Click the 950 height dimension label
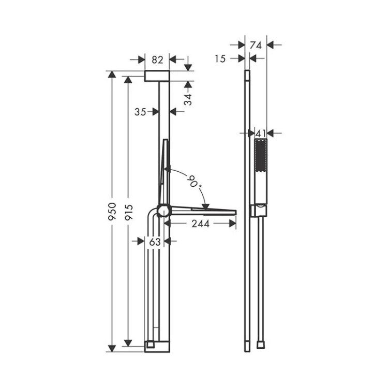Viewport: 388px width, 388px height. (112, 212)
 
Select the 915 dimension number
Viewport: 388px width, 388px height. (129, 212)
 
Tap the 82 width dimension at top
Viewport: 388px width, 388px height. (157, 60)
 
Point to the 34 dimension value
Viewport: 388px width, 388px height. (188, 99)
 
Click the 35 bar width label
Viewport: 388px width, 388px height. (140, 112)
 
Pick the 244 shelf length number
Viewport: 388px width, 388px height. (201, 224)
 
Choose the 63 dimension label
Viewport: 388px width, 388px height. (155, 242)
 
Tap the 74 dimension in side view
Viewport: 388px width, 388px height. (256, 46)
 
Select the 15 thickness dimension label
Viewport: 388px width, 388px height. (220, 59)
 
